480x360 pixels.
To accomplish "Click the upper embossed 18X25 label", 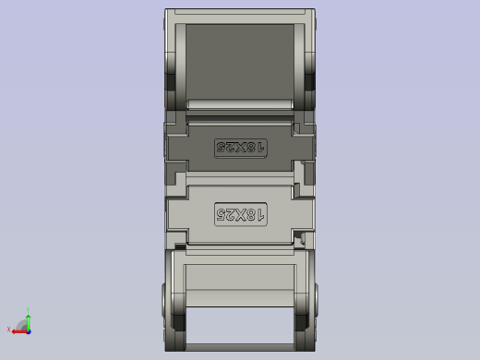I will (x=240, y=147).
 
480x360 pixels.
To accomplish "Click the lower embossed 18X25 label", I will (x=240, y=214).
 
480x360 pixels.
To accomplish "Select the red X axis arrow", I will (x=18, y=330).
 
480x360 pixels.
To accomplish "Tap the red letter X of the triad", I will (x=9, y=330).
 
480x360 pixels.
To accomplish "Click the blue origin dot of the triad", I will (x=28, y=329).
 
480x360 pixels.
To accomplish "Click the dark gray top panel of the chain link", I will (x=240, y=57).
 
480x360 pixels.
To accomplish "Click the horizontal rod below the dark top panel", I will (x=240, y=104).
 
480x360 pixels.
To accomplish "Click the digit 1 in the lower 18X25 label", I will (x=260, y=214).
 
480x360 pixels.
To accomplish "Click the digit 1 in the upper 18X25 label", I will (x=260, y=147).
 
